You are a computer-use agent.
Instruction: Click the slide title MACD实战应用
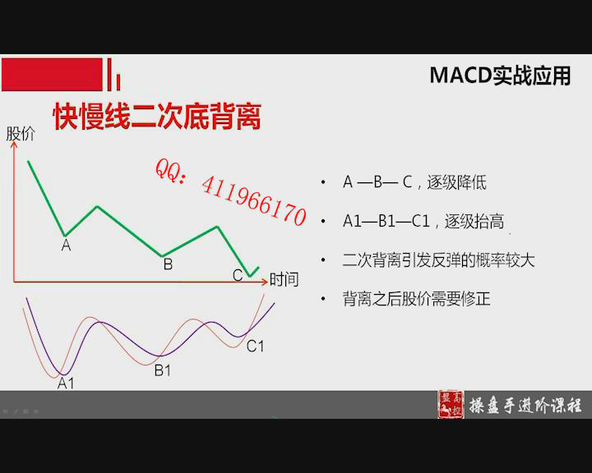[500, 76]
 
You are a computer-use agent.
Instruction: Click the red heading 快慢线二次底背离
[157, 116]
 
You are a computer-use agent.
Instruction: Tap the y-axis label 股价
[21, 134]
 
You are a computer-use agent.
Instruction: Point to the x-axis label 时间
[284, 279]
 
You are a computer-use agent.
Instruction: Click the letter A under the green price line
[66, 246]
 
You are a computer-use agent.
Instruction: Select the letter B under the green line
[168, 264]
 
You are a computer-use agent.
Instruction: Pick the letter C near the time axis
[238, 275]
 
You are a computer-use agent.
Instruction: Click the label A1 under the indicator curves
[66, 383]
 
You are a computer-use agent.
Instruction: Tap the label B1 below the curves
[163, 370]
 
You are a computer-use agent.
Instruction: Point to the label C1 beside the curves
[255, 346]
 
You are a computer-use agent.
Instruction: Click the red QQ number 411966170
[254, 202]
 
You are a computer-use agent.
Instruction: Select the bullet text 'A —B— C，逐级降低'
[414, 182]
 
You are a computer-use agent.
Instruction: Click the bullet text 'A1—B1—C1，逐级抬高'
[423, 221]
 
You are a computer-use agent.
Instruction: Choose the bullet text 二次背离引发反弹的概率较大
[439, 260]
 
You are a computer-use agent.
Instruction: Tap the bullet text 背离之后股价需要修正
[416, 299]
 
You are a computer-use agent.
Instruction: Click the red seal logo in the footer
[451, 404]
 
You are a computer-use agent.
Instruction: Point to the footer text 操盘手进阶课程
[525, 406]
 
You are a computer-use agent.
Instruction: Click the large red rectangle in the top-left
[52, 74]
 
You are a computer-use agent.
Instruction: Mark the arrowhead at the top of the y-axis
[14, 144]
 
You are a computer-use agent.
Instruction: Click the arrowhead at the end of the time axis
[265, 282]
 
